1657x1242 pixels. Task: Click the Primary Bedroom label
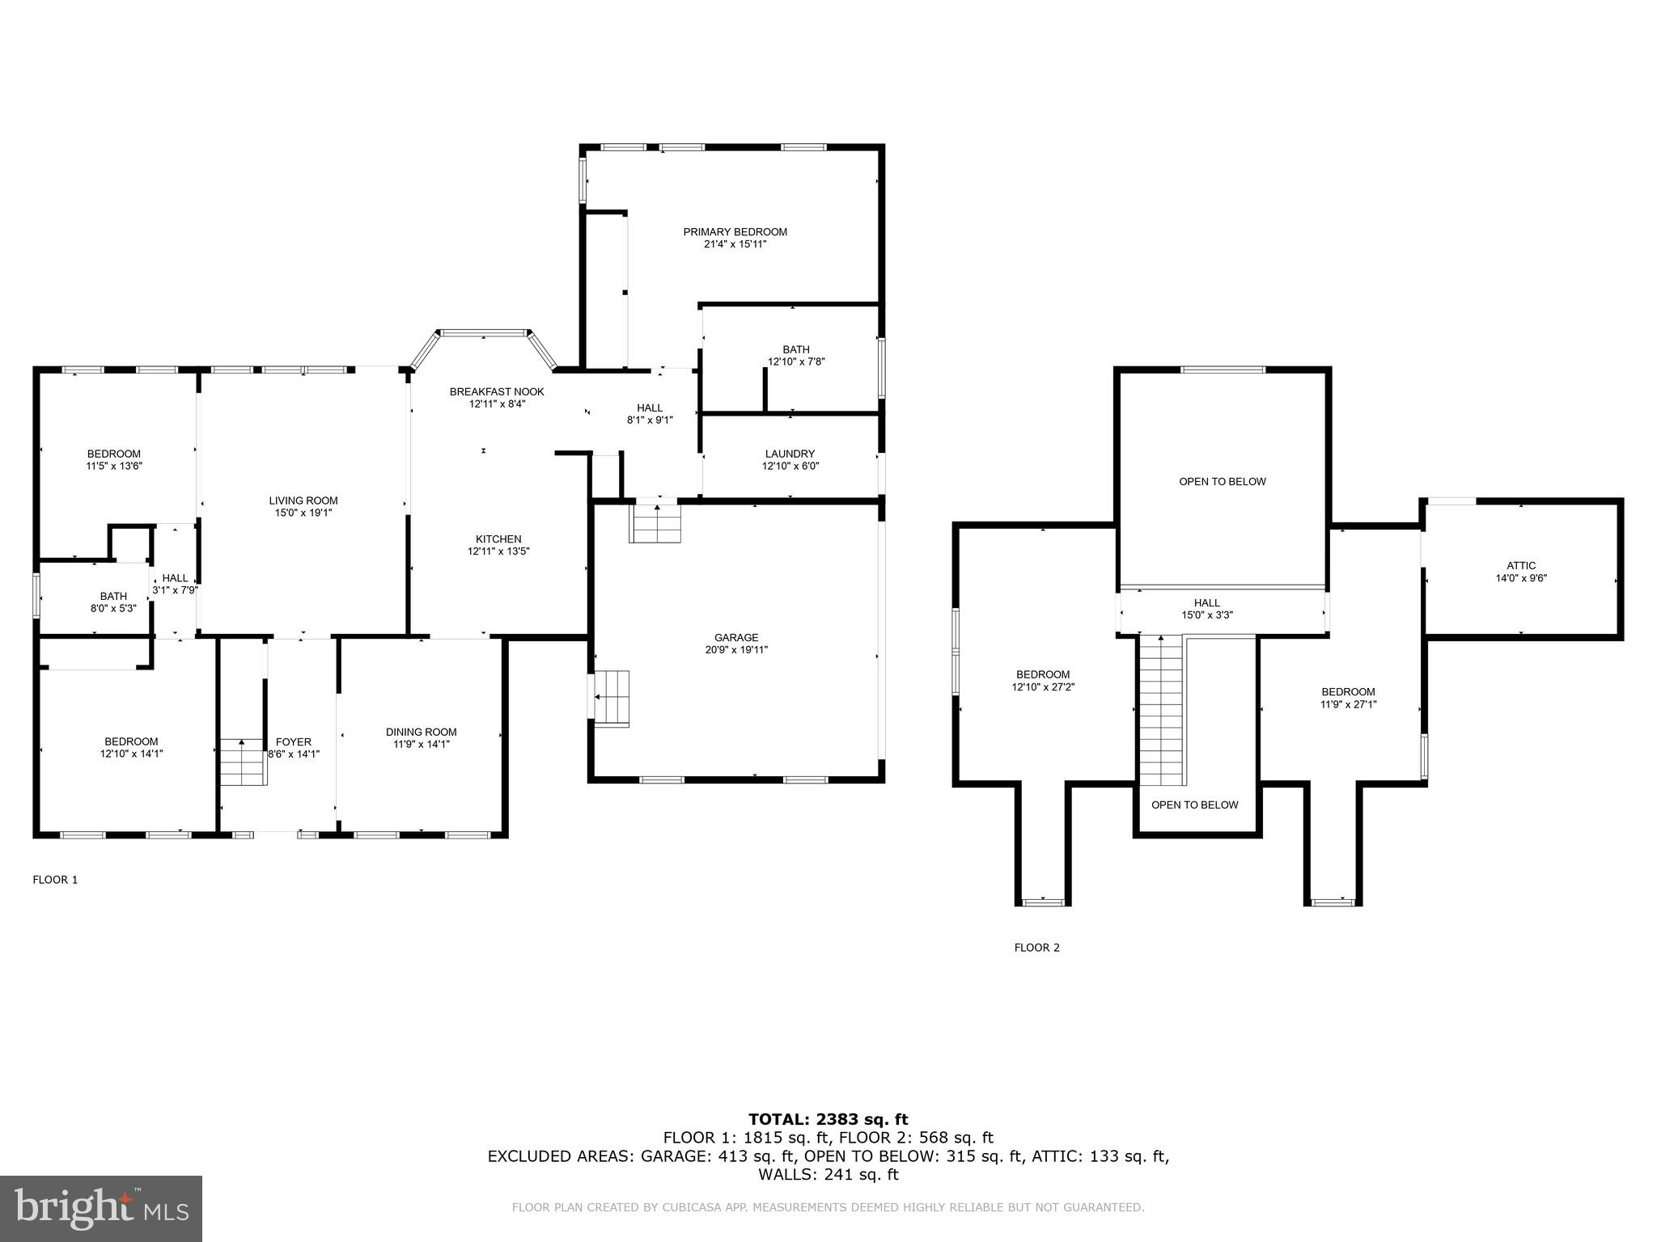pos(735,232)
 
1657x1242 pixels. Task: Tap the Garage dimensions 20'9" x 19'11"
pos(735,649)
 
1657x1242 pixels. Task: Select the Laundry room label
pos(790,454)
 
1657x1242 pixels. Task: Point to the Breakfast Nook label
pos(497,391)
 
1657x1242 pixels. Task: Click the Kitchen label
pos(498,539)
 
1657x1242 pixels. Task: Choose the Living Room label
pos(303,501)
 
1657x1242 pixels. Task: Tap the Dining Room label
pos(421,732)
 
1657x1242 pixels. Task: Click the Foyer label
pos(293,741)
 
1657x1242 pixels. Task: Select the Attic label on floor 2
pos(1521,566)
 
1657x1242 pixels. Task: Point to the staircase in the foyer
pos(242,762)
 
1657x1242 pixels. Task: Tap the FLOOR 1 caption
pos(55,880)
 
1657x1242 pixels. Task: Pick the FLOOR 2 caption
pos(1036,948)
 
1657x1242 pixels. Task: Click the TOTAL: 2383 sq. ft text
pos(828,1119)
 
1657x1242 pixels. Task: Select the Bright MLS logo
pos(101,1208)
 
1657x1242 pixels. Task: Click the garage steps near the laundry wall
pos(656,523)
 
